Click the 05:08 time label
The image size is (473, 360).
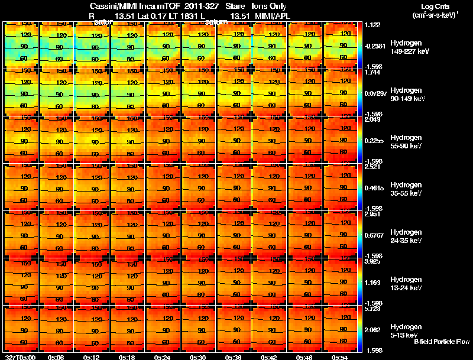pyautogui.click(x=56, y=357)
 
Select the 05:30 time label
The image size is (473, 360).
pyautogui.click(x=197, y=357)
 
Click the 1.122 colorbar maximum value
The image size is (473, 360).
pyautogui.click(x=372, y=25)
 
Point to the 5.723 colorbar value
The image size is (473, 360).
pyautogui.click(x=372, y=309)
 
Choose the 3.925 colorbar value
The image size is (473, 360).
pyautogui.click(x=372, y=261)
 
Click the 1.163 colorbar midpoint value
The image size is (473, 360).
pyautogui.click(x=372, y=283)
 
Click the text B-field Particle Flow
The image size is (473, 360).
pyautogui.click(x=442, y=342)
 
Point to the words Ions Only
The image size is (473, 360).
pyautogui.click(x=270, y=6)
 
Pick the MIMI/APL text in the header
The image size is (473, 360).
pyautogui.click(x=270, y=15)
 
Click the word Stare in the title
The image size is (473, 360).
pyautogui.click(x=236, y=6)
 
